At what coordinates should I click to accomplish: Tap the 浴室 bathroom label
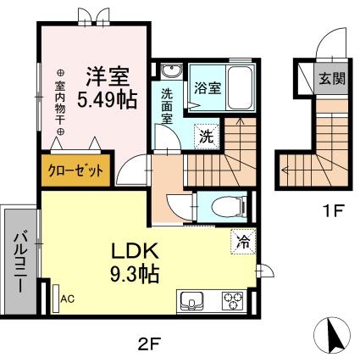(x=207, y=87)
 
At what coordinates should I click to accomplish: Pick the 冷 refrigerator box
(x=242, y=240)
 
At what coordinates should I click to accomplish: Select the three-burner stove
(x=232, y=300)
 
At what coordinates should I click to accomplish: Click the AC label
(x=68, y=299)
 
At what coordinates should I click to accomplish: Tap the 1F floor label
(x=331, y=212)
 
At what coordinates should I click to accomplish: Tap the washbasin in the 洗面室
(x=169, y=70)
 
